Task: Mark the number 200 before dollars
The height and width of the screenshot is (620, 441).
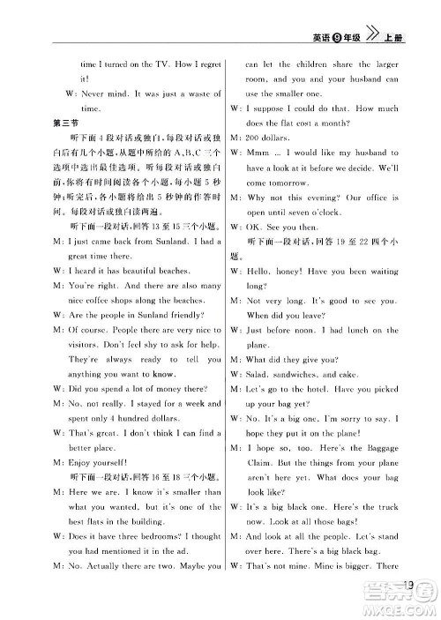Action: (253, 138)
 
